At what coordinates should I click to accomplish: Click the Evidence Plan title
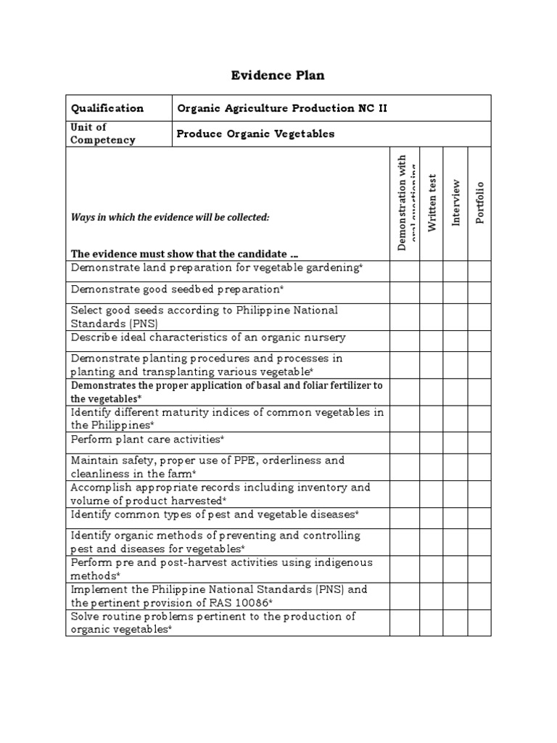(278, 75)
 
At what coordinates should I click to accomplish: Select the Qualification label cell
(107, 108)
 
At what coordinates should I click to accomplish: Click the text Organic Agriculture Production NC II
(282, 108)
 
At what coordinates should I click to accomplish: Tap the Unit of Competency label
(102, 134)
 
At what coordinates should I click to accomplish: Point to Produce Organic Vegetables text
(256, 134)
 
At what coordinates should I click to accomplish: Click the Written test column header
(432, 202)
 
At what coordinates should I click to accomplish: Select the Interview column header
(455, 202)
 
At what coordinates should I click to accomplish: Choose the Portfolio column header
(479, 202)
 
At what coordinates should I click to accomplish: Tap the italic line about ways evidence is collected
(170, 217)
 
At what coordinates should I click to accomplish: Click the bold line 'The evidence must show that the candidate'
(184, 253)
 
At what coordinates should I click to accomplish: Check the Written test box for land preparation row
(432, 271)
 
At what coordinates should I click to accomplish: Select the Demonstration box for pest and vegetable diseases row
(405, 517)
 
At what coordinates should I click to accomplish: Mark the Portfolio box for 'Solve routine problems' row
(479, 623)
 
